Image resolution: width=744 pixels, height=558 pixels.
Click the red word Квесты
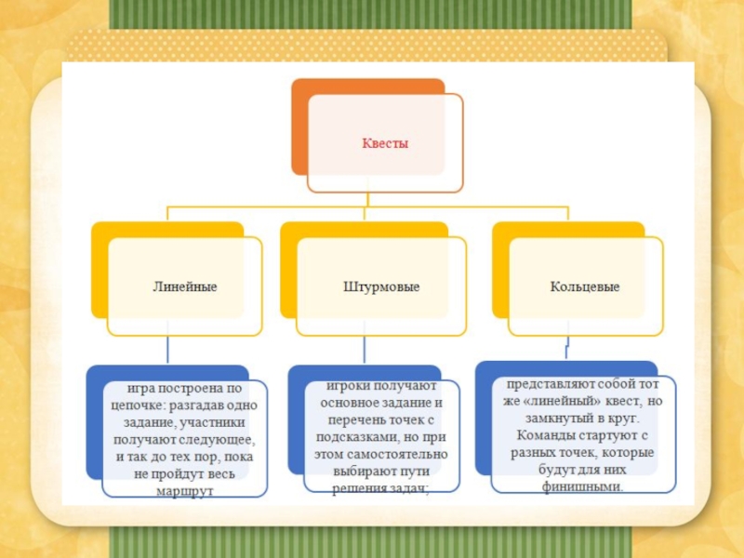point(385,144)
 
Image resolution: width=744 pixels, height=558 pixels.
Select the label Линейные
point(185,286)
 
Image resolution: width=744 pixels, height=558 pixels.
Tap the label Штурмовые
point(381,286)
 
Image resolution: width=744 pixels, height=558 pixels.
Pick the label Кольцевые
point(585,286)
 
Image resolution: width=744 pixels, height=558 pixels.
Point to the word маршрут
point(186,489)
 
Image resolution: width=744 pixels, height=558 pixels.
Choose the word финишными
point(585,485)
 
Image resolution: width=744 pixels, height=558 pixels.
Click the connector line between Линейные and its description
point(168,350)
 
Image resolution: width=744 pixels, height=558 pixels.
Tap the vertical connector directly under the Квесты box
point(368,198)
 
